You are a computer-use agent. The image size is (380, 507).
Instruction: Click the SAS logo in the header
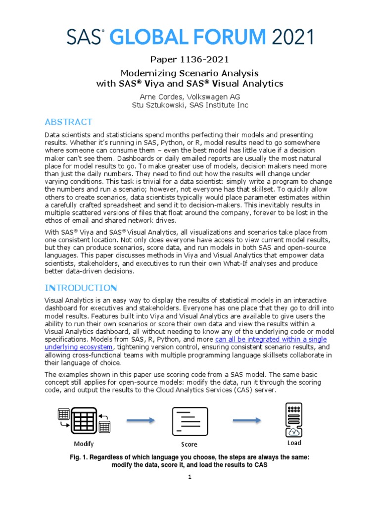pos(85,37)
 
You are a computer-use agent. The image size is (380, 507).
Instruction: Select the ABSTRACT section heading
pos(68,122)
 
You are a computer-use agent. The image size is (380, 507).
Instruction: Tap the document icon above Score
pos(189,421)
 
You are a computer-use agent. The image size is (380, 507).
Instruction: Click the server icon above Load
pos(294,419)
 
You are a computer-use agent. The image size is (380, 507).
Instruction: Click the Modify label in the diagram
pos(84,444)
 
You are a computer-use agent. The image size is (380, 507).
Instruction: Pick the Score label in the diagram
pos(189,444)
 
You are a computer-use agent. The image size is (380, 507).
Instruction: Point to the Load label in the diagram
pos(294,443)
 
